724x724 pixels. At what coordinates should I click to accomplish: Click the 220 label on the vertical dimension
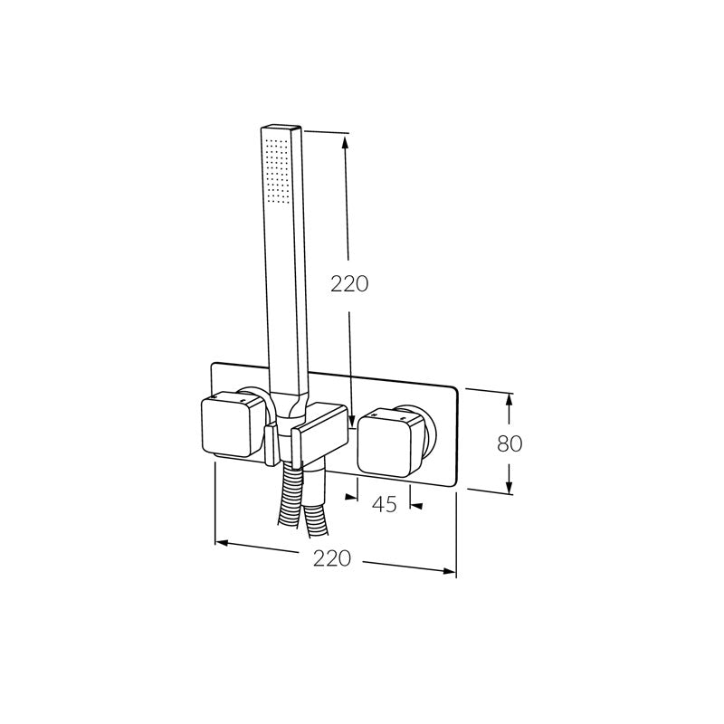pos(348,283)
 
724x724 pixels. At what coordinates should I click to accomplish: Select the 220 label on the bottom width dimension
pos(331,558)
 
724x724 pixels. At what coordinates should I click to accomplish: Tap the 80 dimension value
pos(510,443)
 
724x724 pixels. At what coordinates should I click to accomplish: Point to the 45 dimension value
pos(385,505)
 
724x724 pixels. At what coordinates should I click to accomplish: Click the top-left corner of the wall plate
pos(213,365)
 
